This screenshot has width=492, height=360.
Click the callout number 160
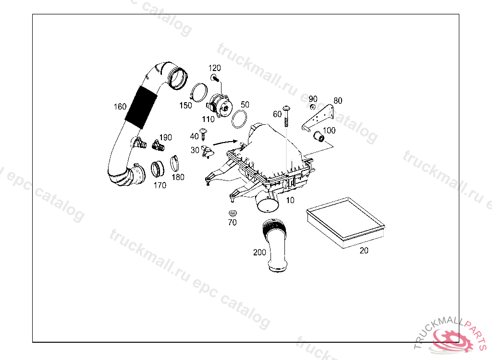pyautogui.click(x=120, y=107)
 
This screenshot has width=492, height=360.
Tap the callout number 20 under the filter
pyautogui.click(x=364, y=250)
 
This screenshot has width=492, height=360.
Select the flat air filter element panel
pyautogui.click(x=345, y=222)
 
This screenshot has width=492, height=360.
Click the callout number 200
pyautogui.click(x=259, y=252)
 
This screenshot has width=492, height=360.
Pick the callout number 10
pyautogui.click(x=290, y=200)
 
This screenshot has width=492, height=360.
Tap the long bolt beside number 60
pyautogui.click(x=287, y=115)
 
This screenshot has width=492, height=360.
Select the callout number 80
pyautogui.click(x=338, y=101)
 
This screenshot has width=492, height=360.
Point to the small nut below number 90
pyautogui.click(x=312, y=107)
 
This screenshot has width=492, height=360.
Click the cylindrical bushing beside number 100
pyautogui.click(x=319, y=138)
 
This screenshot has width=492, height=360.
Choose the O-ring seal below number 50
pyautogui.click(x=239, y=120)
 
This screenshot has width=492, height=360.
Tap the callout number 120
pyautogui.click(x=214, y=68)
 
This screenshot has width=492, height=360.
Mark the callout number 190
pyautogui.click(x=165, y=138)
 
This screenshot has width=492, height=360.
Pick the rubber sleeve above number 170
pyautogui.click(x=157, y=168)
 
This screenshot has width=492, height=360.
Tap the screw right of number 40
pyautogui.click(x=204, y=132)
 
